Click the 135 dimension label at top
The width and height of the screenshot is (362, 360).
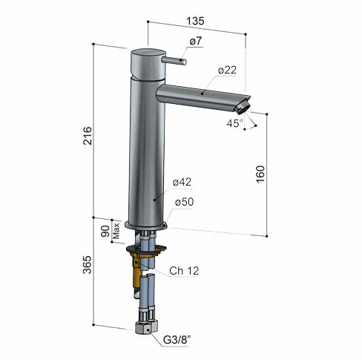(x=195, y=21)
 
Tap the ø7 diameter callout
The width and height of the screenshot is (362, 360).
(x=196, y=41)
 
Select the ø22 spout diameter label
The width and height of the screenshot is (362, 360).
(x=227, y=70)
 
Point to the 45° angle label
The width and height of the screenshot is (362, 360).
(x=235, y=123)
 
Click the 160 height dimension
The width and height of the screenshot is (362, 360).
(x=260, y=174)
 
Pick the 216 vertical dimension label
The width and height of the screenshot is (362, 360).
(x=88, y=136)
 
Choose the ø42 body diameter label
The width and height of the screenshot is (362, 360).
(x=182, y=182)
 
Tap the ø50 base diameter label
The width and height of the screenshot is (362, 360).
(x=185, y=202)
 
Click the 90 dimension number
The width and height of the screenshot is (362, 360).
(x=105, y=231)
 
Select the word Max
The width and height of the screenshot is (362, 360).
(x=116, y=231)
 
